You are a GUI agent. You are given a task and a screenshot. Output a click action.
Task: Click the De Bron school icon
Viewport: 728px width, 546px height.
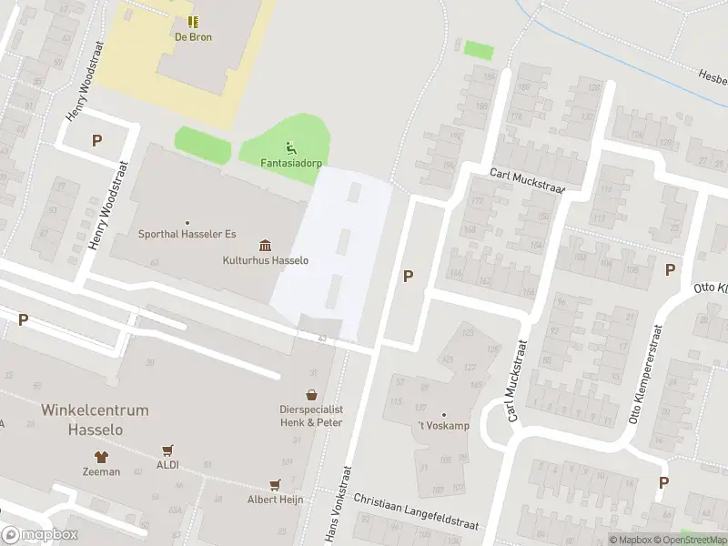pyautogui.click(x=193, y=22)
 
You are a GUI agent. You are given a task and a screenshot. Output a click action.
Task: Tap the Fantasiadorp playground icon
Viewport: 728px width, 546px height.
pyautogui.click(x=290, y=147)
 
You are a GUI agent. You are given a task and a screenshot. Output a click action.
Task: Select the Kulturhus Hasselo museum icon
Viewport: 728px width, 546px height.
pyautogui.click(x=266, y=246)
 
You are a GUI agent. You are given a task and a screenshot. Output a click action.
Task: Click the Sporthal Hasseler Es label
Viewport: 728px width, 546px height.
pyautogui.click(x=187, y=234)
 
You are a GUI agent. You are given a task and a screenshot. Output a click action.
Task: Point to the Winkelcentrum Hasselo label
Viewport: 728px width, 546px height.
pyautogui.click(x=95, y=420)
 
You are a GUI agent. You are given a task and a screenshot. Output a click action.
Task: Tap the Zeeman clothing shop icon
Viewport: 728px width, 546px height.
pyautogui.click(x=101, y=457)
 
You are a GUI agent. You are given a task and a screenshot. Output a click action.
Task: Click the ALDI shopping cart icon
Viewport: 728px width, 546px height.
pyautogui.click(x=167, y=450)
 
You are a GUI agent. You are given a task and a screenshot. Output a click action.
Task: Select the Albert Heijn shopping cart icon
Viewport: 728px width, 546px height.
pyautogui.click(x=274, y=485)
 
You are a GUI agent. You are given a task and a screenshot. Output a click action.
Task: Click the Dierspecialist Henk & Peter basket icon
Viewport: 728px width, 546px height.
pyautogui.click(x=312, y=395)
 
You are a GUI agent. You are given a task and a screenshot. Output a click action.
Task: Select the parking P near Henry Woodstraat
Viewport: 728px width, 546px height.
pyautogui.click(x=96, y=140)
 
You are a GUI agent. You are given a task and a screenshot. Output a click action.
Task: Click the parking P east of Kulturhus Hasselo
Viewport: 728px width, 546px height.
pyautogui.click(x=409, y=276)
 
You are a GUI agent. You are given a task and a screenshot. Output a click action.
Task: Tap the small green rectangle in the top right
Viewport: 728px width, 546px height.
pyautogui.click(x=478, y=50)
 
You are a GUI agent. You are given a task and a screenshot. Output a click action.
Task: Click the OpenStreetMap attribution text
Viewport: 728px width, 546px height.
pyautogui.click(x=693, y=540)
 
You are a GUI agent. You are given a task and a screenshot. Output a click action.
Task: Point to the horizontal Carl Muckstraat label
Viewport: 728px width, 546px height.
pyautogui.click(x=527, y=180)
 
